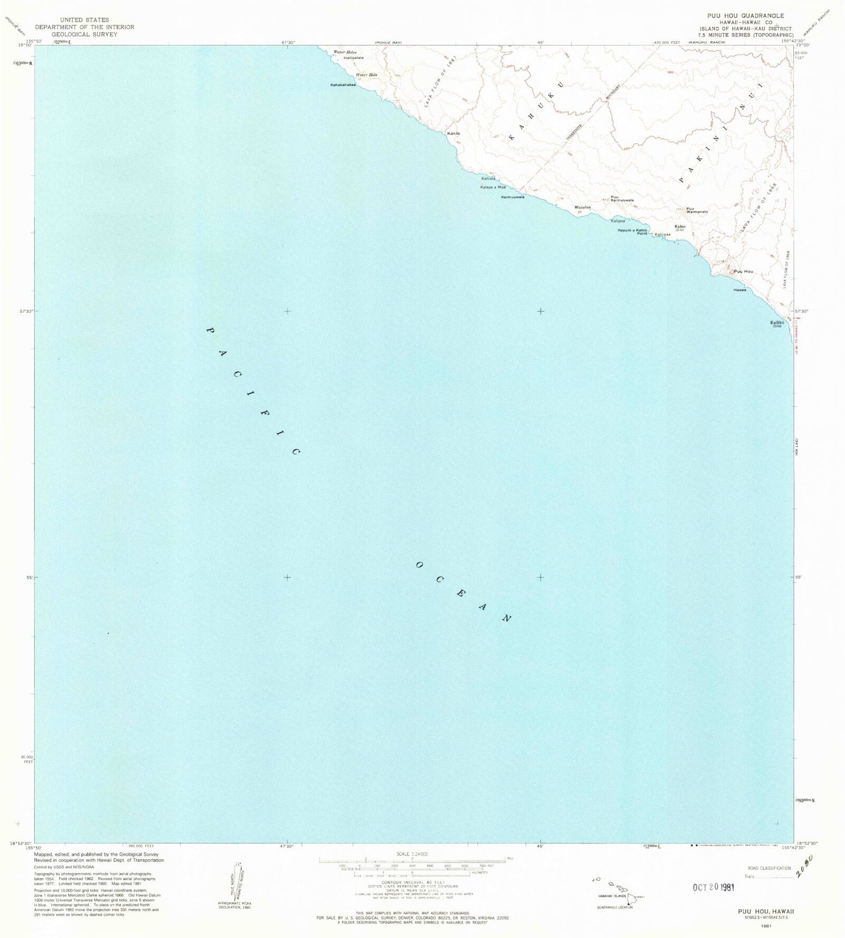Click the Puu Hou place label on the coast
[744, 272]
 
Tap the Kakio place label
[453, 134]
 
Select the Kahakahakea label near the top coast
[343, 85]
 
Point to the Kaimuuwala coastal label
[513, 197]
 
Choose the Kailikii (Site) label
[777, 323]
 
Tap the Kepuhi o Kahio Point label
[632, 231]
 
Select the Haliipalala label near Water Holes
[354, 58]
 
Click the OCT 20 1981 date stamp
[714, 887]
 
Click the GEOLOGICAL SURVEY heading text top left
[84, 34]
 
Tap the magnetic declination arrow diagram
[238, 882]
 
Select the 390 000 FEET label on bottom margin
[141, 846]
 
